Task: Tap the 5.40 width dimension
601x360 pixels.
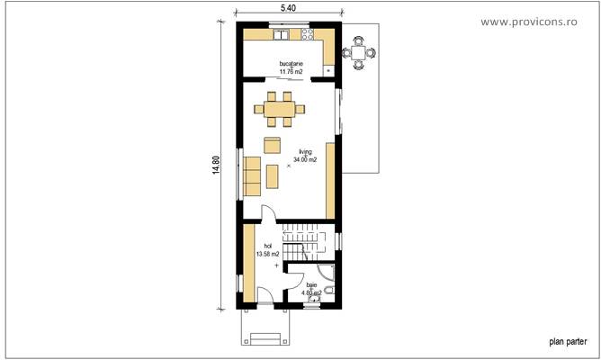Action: [288, 7]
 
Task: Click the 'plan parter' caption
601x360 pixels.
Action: [569, 342]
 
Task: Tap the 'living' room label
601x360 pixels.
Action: [306, 152]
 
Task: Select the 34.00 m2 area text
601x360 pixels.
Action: [306, 159]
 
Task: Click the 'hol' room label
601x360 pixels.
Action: [267, 246]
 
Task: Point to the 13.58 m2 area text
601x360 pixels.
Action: [267, 254]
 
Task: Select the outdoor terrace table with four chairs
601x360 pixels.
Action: [360, 52]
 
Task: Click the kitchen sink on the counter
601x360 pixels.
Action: [281, 37]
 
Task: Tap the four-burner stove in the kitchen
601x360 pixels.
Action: [305, 37]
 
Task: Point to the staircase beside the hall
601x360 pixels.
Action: [307, 240]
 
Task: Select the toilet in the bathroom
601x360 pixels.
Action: [330, 292]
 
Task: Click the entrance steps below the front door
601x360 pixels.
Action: [265, 337]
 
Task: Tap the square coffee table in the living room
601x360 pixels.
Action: [272, 145]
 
